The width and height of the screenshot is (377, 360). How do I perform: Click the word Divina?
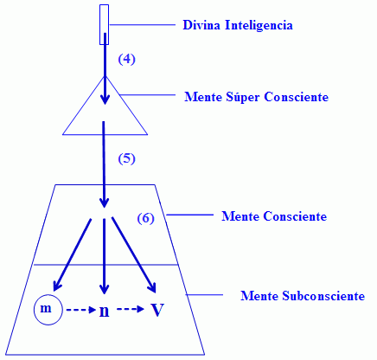(x=201, y=25)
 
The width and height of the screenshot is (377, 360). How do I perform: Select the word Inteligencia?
(x=259, y=26)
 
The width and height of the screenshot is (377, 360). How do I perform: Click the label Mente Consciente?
(x=274, y=216)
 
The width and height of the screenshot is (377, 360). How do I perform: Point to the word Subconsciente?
(x=323, y=296)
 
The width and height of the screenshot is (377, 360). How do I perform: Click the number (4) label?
(x=126, y=60)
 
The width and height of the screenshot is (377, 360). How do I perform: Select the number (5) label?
(x=126, y=158)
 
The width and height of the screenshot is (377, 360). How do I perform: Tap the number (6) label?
(x=145, y=218)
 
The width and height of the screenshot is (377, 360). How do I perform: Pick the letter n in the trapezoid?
(x=104, y=312)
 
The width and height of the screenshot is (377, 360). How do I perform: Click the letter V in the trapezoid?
(x=157, y=310)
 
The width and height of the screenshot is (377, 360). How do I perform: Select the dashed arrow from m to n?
(x=81, y=310)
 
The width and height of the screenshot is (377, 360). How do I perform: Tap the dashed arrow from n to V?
(x=131, y=309)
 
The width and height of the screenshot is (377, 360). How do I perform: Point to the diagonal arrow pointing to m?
(x=72, y=254)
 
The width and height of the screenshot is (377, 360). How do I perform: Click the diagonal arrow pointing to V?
(x=134, y=255)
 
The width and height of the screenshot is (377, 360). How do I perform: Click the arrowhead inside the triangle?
(x=105, y=100)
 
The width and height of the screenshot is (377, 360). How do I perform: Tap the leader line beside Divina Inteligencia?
(x=143, y=25)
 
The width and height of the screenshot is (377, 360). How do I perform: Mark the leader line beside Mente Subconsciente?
(x=204, y=295)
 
